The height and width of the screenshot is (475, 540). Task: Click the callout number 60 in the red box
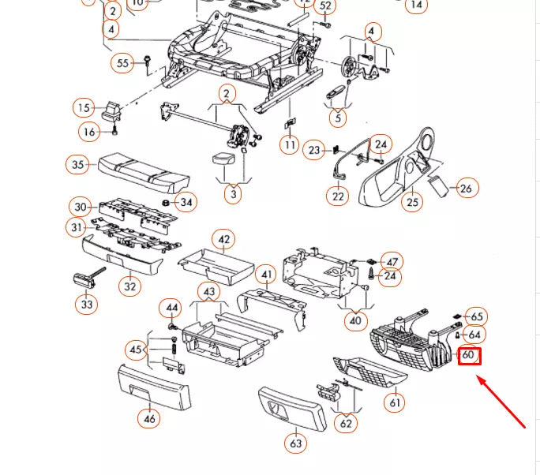(469, 355)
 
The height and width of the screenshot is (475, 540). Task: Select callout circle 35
(77, 165)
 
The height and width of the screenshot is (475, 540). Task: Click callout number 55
(122, 63)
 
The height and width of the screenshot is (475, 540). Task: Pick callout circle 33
(87, 303)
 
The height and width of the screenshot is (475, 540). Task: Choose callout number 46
(150, 418)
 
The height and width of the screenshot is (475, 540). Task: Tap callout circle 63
(295, 443)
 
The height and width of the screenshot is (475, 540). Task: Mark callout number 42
(225, 240)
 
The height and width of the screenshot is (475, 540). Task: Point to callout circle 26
(467, 188)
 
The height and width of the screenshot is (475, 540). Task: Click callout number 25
(411, 203)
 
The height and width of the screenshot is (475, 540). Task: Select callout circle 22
(339, 196)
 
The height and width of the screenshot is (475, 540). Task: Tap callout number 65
(475, 316)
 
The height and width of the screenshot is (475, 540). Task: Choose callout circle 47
(392, 261)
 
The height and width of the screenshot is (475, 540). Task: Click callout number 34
(186, 203)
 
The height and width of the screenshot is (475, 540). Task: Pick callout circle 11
(290, 145)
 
